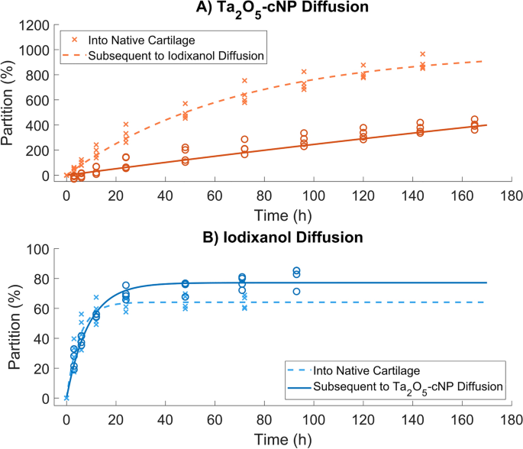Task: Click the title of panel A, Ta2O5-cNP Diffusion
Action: pyautogui.click(x=283, y=9)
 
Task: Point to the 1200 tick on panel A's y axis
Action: pyautogui.click(x=41, y=25)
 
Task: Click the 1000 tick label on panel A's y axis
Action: pyautogui.click(x=41, y=50)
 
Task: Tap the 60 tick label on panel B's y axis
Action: pyautogui.click(x=47, y=309)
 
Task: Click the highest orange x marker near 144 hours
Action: pyautogui.click(x=422, y=54)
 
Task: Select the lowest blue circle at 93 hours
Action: pyautogui.click(x=297, y=292)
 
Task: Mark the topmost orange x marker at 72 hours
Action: pyautogui.click(x=244, y=80)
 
